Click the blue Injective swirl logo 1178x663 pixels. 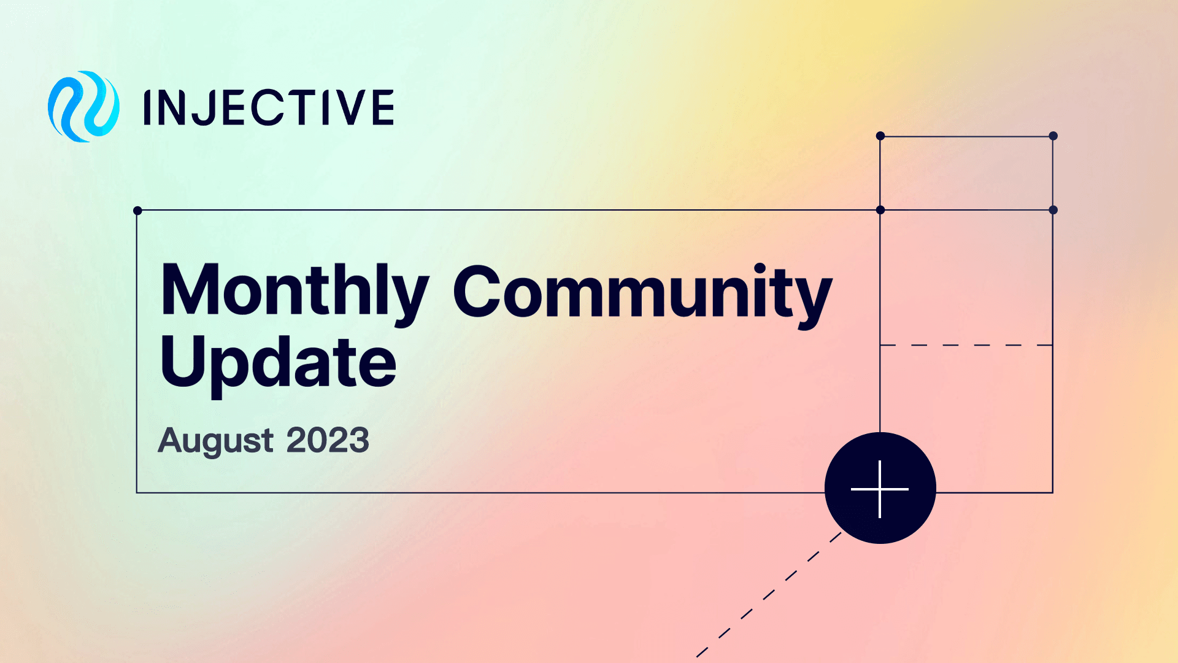tap(83, 107)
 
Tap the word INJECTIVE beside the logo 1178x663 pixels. tap(268, 107)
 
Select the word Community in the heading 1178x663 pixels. tap(642, 293)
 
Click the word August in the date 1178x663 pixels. tap(215, 441)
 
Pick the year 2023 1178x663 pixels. tap(328, 441)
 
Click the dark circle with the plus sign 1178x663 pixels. tap(880, 488)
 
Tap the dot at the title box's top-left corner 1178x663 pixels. tap(137, 211)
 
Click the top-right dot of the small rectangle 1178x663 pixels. tap(1053, 136)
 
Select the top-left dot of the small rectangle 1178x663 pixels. tap(880, 136)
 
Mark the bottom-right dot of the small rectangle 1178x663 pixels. tap(1053, 210)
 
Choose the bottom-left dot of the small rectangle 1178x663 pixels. tap(880, 210)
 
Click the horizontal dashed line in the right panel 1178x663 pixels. tap(966, 345)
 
